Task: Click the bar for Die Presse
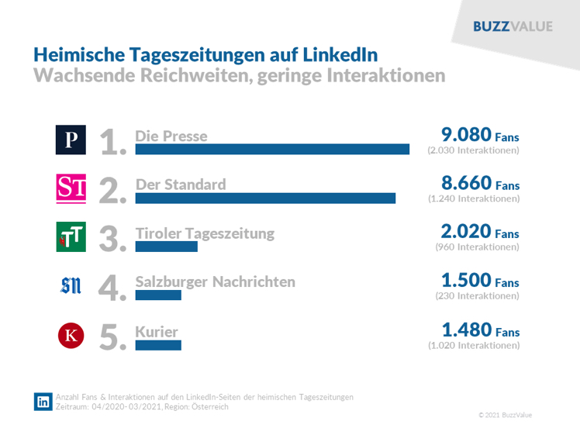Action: coord(272,150)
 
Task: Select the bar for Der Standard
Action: coord(265,198)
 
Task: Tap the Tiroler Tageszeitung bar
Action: coord(166,247)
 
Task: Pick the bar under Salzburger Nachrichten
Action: coord(157,295)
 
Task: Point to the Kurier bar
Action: coord(157,344)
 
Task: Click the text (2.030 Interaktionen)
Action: coord(473,150)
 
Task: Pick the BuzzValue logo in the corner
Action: coord(513,26)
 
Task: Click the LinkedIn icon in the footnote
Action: coord(43,402)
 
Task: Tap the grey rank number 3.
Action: coord(113,239)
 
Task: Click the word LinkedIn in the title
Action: coord(340,55)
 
